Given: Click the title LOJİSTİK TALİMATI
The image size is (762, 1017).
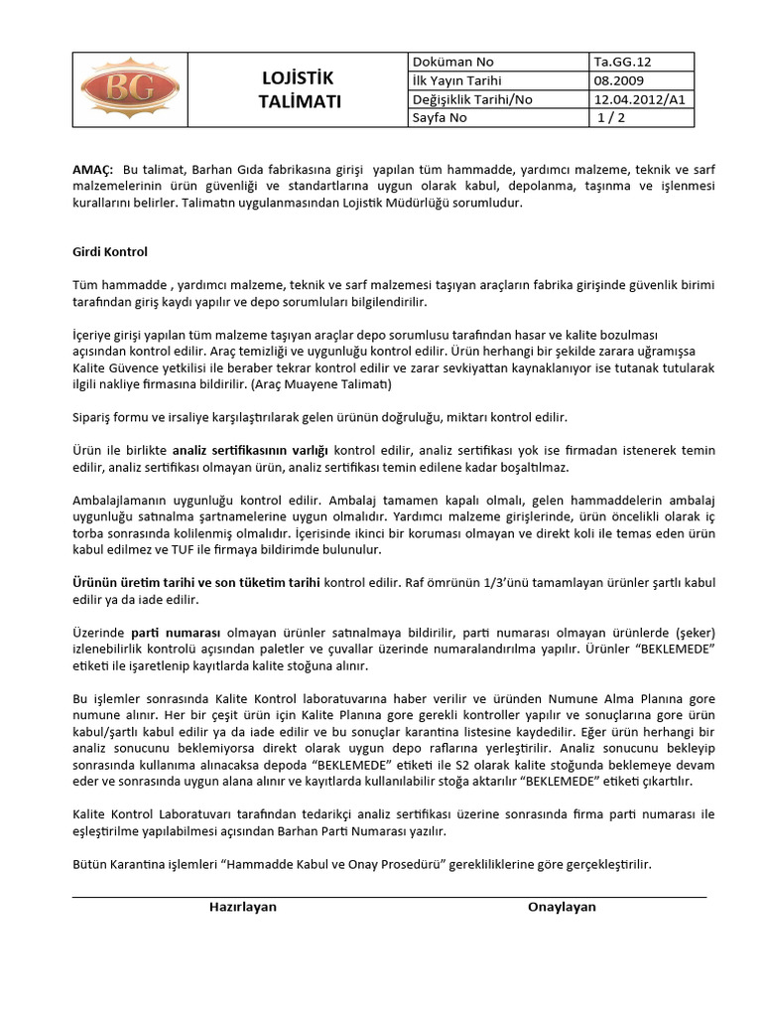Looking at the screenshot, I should point(299,89).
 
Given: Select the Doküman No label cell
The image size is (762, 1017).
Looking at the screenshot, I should point(444,62).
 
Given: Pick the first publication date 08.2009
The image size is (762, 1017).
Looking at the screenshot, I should point(616,80).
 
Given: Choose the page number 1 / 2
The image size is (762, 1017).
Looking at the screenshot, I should point(613,118).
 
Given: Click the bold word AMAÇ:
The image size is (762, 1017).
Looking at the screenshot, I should point(94,170).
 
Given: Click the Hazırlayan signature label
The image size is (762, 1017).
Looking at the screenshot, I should point(242,907).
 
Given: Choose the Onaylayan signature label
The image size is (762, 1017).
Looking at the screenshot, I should point(562,907).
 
